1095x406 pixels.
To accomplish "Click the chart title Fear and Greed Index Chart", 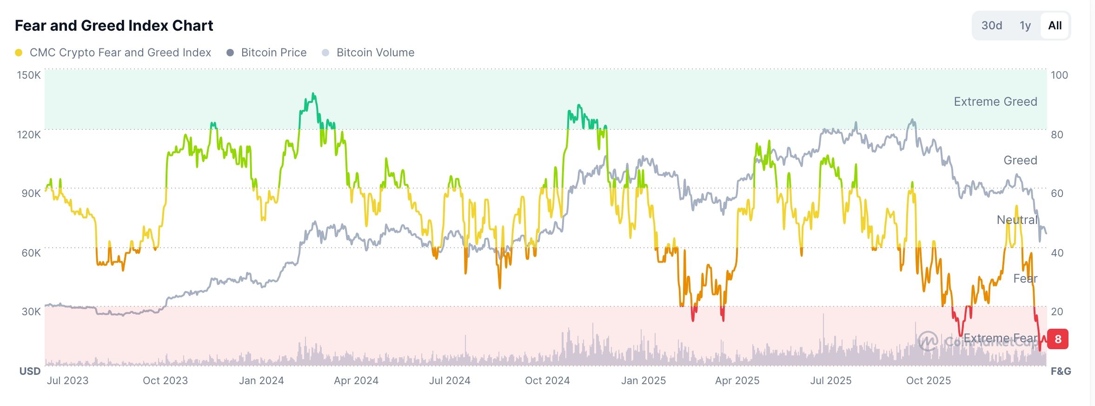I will click(x=114, y=26).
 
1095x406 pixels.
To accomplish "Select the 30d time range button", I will click(x=991, y=26).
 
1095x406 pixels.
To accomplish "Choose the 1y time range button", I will click(x=1025, y=26).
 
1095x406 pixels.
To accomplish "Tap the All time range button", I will click(x=1055, y=26).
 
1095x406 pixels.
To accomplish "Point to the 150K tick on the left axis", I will click(x=29, y=75).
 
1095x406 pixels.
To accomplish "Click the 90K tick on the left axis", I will click(x=31, y=193).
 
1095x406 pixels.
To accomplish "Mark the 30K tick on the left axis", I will click(x=31, y=311).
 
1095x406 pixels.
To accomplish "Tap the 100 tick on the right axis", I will click(x=1059, y=75).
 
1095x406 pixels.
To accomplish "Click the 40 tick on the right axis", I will click(x=1057, y=253).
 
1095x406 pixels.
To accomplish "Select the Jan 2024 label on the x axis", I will click(x=261, y=380).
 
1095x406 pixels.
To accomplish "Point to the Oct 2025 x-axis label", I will click(x=928, y=380).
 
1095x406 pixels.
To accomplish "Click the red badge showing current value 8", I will click(x=1058, y=339).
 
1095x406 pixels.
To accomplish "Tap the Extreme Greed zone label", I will click(x=995, y=101).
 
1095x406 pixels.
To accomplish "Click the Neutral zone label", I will click(x=1017, y=220).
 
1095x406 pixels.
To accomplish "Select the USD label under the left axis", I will click(x=30, y=371).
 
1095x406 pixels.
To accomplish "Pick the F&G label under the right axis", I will click(x=1061, y=371).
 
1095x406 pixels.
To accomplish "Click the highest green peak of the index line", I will click(x=313, y=94).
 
